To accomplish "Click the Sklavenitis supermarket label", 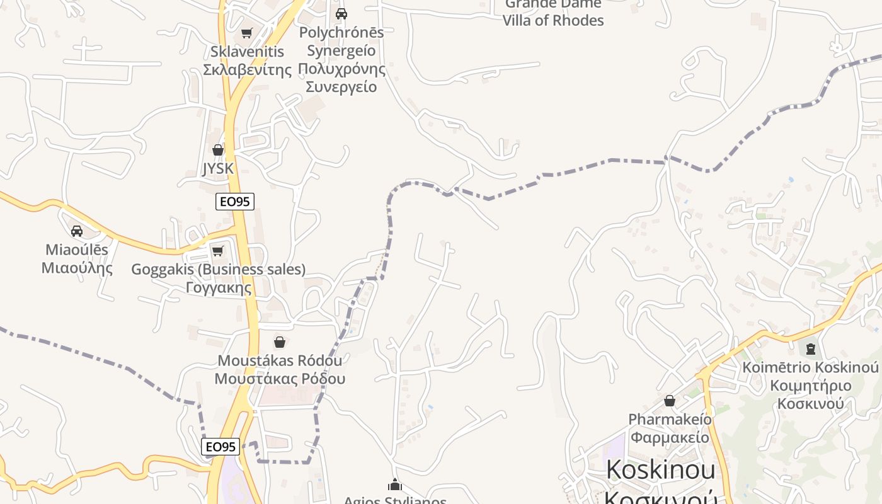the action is [x=248, y=60].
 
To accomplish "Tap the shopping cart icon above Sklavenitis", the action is [x=247, y=33].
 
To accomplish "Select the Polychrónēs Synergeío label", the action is [x=341, y=59].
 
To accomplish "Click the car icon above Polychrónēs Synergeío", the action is [x=341, y=13].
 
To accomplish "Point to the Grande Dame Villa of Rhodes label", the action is [x=553, y=13].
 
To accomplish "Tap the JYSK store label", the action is [x=218, y=168].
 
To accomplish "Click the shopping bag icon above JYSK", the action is [x=218, y=150].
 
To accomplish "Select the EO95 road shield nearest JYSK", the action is [x=235, y=202].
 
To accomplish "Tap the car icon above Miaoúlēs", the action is [x=77, y=231].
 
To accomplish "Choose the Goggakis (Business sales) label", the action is [x=218, y=278].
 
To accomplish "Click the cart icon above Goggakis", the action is [x=218, y=251].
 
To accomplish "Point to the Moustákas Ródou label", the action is [x=280, y=370].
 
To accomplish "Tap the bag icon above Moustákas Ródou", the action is [x=280, y=342].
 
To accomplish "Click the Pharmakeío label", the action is [x=670, y=428].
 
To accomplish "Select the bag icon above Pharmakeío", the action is [x=670, y=401].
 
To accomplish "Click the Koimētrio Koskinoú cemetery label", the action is [x=810, y=385].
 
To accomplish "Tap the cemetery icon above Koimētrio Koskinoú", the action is [x=811, y=348].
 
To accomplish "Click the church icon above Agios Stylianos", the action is [x=395, y=484].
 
